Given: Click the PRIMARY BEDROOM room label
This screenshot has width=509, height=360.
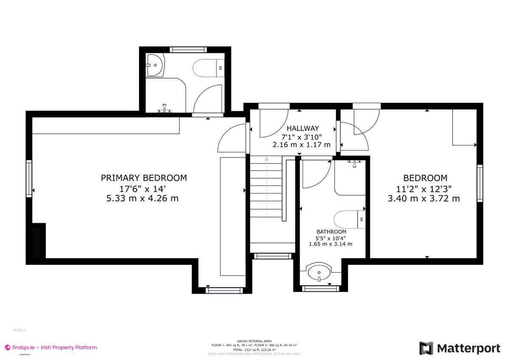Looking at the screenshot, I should click(x=143, y=178).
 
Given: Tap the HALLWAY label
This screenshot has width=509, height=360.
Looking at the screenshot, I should click(x=302, y=128).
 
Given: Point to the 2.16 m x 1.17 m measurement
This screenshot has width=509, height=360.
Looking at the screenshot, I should click(x=301, y=145).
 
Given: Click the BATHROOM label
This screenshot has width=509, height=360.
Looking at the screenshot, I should click(x=331, y=232).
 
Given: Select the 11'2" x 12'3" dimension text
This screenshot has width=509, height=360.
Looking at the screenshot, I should click(x=425, y=188).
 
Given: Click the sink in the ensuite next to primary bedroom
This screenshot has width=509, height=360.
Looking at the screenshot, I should click(x=156, y=65).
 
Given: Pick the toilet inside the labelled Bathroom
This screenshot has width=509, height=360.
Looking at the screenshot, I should click(x=349, y=219).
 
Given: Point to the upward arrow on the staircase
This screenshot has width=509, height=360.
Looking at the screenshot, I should click(x=266, y=160).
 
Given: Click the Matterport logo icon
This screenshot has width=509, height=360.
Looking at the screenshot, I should click(x=426, y=348).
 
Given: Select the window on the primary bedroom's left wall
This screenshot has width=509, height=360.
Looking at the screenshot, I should click(x=29, y=178).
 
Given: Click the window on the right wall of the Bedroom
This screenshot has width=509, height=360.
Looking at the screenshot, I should click(x=480, y=183).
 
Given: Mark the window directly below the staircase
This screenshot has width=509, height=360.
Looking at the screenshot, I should click(x=272, y=256).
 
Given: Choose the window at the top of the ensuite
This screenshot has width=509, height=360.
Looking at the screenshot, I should click(x=185, y=50).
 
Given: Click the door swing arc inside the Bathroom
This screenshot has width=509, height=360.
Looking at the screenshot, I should click(x=319, y=174).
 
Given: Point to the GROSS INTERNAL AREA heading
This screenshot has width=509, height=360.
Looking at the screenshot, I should click(x=254, y=341).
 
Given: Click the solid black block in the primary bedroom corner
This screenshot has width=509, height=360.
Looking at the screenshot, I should click(x=39, y=241).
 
